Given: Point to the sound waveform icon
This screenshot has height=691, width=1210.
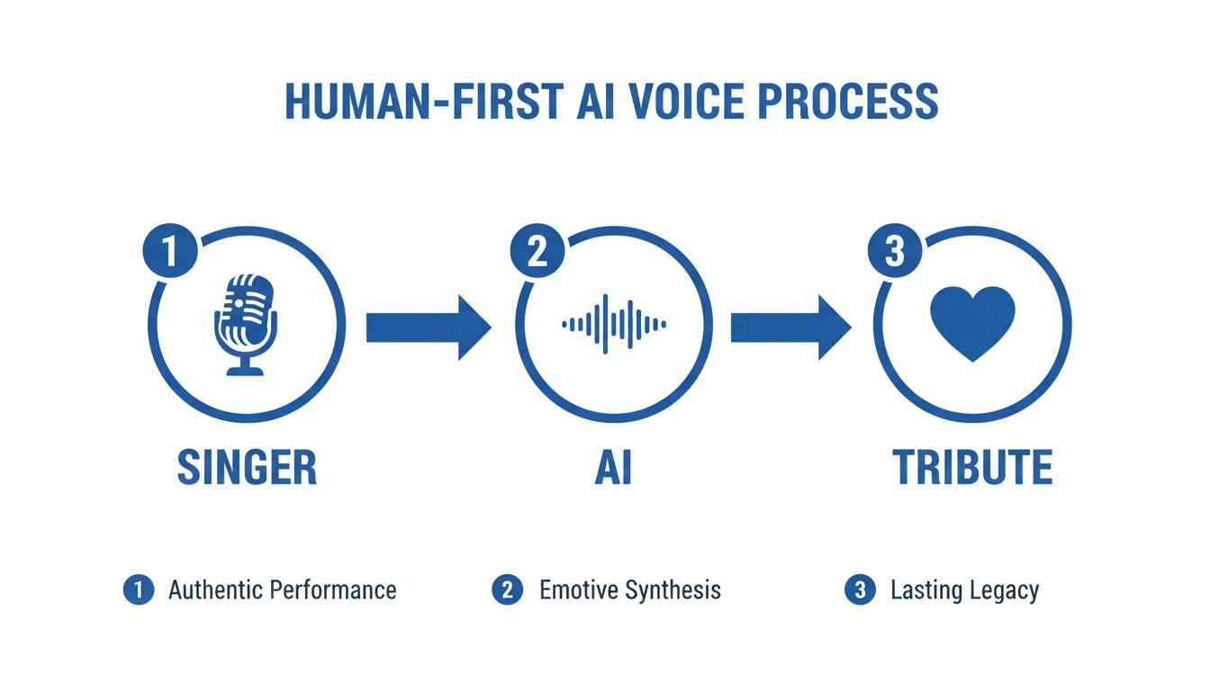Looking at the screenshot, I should pyautogui.click(x=613, y=324).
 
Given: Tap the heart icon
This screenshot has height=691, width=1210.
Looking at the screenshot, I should pyautogui.click(x=972, y=322).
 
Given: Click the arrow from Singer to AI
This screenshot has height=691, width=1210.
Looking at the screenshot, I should pyautogui.click(x=428, y=328).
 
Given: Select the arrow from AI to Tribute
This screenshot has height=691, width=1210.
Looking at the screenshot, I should pyautogui.click(x=790, y=328).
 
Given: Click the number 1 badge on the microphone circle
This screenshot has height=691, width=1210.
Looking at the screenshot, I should pyautogui.click(x=170, y=251).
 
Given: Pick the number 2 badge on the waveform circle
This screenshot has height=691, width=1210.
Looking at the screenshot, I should pyautogui.click(x=537, y=251).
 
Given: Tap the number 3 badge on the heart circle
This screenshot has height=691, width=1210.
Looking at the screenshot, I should pyautogui.click(x=893, y=251).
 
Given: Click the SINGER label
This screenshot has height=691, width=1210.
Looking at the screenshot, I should pyautogui.click(x=247, y=468).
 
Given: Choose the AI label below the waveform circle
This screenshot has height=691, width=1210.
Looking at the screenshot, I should pyautogui.click(x=613, y=468).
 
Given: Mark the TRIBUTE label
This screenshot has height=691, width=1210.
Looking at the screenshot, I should pyautogui.click(x=972, y=468).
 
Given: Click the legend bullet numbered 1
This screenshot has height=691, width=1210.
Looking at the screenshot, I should pyautogui.click(x=137, y=590).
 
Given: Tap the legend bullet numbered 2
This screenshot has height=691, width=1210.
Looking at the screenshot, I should pyautogui.click(x=508, y=590).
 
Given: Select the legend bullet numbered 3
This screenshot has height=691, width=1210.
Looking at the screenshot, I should pyautogui.click(x=860, y=590).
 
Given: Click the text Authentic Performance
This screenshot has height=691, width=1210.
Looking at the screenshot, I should pyautogui.click(x=283, y=590).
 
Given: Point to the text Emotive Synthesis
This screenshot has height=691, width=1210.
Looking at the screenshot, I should pyautogui.click(x=630, y=590).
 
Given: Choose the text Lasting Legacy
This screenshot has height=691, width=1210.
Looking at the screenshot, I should pyautogui.click(x=964, y=591).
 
